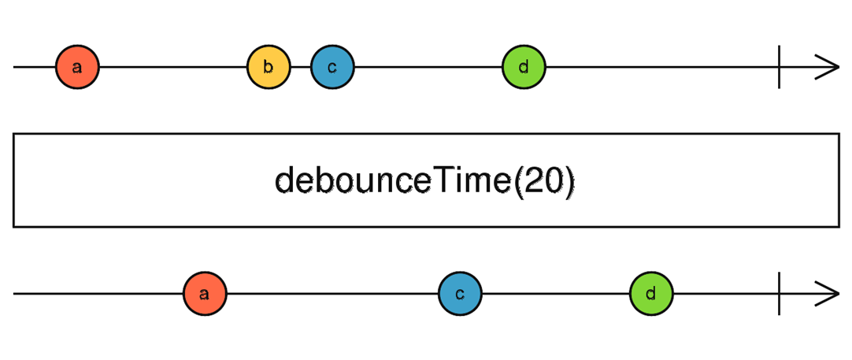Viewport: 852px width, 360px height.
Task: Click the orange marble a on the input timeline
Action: click(x=77, y=67)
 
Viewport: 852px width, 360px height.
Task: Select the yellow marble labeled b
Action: click(x=269, y=67)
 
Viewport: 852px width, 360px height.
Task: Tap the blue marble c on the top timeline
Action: click(x=332, y=67)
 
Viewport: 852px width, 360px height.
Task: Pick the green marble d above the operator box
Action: click(x=524, y=67)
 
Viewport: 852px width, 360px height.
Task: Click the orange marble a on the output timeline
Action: click(x=205, y=294)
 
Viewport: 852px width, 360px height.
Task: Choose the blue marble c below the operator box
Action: click(x=460, y=294)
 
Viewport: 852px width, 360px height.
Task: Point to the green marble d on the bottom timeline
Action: click(x=651, y=294)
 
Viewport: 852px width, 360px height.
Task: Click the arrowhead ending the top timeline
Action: click(x=828, y=67)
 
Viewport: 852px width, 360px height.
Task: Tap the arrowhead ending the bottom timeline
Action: click(x=828, y=294)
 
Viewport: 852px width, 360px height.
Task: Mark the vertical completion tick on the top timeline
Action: click(x=779, y=67)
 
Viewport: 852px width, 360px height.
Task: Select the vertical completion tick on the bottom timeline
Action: click(x=779, y=294)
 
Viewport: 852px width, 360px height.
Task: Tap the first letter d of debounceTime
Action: click(x=284, y=181)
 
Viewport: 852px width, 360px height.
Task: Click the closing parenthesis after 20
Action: click(x=570, y=182)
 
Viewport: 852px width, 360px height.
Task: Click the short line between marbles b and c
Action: click(x=300, y=67)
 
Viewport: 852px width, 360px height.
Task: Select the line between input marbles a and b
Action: click(x=173, y=67)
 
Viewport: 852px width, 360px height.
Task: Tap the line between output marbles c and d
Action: click(x=555, y=294)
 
